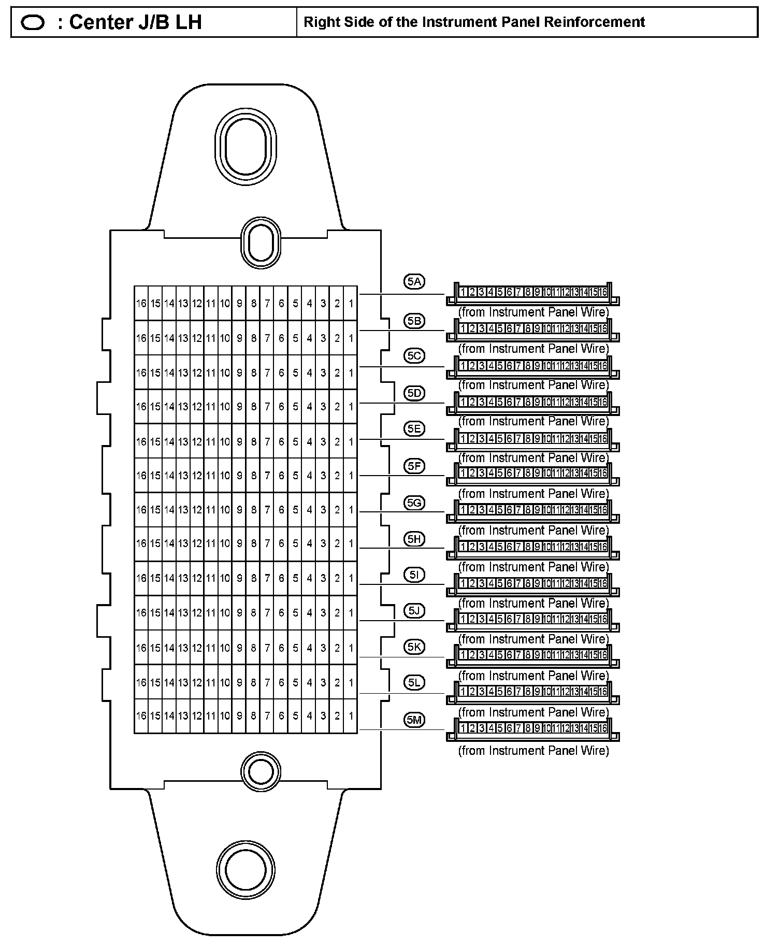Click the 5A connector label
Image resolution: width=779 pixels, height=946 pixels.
[x=414, y=282]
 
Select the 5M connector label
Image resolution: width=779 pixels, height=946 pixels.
[x=414, y=719]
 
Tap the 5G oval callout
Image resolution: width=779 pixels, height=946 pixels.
[x=414, y=503]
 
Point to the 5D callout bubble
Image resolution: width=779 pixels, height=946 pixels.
[x=414, y=393]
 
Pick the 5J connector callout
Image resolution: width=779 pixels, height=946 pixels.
[x=414, y=611]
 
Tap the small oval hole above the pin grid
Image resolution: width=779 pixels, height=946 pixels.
[x=261, y=242]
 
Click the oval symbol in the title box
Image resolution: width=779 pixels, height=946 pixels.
[x=32, y=23]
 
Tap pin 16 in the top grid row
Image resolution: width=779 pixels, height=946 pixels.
[x=141, y=303]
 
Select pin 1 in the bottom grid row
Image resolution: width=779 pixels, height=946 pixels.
[x=351, y=716]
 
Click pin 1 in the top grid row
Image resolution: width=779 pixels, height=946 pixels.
[x=351, y=303]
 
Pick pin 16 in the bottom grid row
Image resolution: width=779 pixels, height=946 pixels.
[x=141, y=716]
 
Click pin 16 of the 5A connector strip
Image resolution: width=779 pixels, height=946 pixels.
[x=602, y=293]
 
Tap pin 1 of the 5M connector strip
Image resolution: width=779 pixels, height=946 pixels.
[x=462, y=728]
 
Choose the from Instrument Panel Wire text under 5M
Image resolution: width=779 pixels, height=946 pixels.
[x=533, y=751]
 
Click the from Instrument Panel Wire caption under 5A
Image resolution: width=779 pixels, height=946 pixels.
[x=533, y=312]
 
